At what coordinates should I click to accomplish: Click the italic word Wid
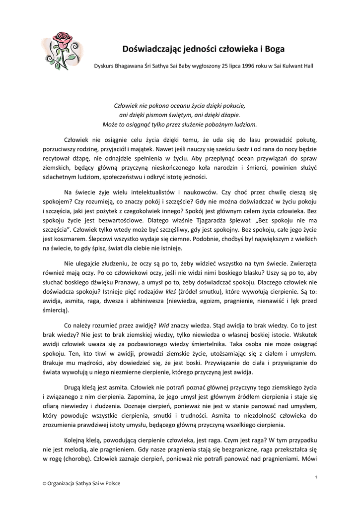tap(164, 327)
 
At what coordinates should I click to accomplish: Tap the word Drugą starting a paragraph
tap(74, 386)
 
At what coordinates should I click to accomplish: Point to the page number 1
tap(316, 477)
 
